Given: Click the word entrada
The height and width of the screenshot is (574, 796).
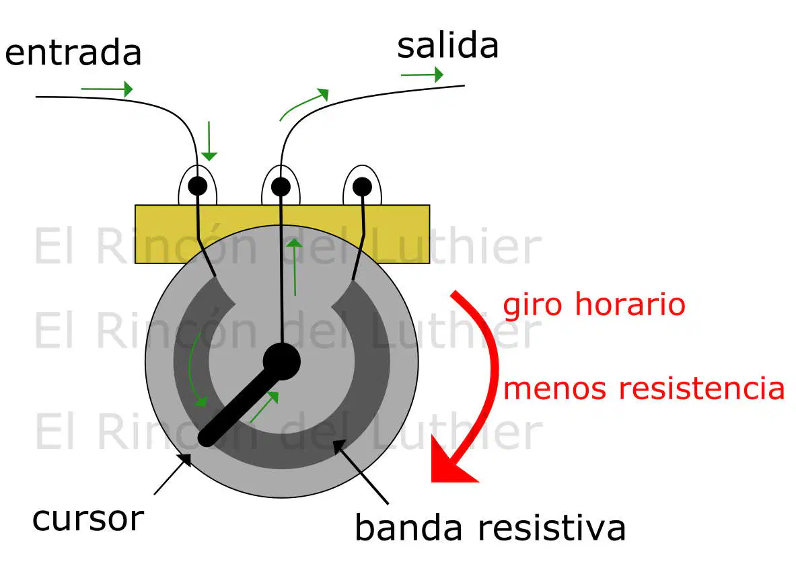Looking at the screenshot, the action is click(x=73, y=52).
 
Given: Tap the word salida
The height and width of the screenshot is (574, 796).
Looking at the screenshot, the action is click(x=447, y=46).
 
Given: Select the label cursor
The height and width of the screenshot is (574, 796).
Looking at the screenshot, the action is click(x=88, y=520).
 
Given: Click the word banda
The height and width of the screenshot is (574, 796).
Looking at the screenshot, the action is click(x=408, y=528).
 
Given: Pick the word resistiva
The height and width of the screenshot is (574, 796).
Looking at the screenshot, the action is click(x=552, y=528).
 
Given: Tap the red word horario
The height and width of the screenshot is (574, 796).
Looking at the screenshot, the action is click(x=630, y=304).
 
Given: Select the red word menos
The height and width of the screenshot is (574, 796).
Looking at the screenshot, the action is click(x=554, y=389).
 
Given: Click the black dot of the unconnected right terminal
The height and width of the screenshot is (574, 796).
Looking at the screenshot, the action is click(x=362, y=187).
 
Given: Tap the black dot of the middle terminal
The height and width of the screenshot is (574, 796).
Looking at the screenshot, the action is click(x=281, y=187).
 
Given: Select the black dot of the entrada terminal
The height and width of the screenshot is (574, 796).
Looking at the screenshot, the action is click(x=197, y=186).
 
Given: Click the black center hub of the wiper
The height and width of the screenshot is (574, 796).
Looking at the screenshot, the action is click(x=282, y=362).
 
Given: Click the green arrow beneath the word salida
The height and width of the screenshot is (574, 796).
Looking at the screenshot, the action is click(x=422, y=75).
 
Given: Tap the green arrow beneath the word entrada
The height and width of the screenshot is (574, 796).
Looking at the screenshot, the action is click(x=106, y=89).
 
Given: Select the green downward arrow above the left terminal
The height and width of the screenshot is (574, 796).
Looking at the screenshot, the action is click(x=209, y=141).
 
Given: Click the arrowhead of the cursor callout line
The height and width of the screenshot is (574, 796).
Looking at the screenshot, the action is click(x=186, y=460).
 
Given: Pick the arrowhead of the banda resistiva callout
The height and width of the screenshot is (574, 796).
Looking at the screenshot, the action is click(x=339, y=446).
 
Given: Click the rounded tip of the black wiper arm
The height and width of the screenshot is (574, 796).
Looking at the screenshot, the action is click(x=207, y=438).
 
